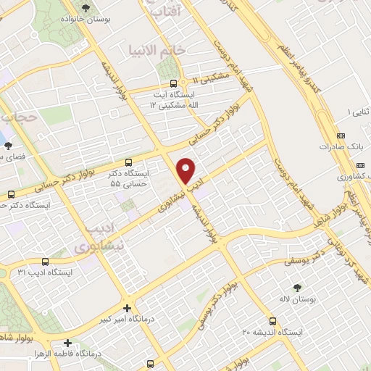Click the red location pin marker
pos(187,170)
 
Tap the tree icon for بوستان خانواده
pos(88,9)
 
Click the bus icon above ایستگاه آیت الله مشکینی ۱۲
pos(173,83)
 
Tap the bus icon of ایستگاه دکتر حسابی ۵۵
pos(128,162)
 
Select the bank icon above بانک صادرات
pos(341,136)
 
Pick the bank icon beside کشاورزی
pos(341,176)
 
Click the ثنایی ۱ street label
pos(357,112)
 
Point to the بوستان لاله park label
pos(296,280)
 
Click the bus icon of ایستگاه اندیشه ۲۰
pos(272,320)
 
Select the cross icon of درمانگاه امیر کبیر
pos(127,307)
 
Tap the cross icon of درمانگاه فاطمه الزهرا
pos(67,343)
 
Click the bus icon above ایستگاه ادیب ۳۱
pos(45,261)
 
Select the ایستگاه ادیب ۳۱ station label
pos(45,272)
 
